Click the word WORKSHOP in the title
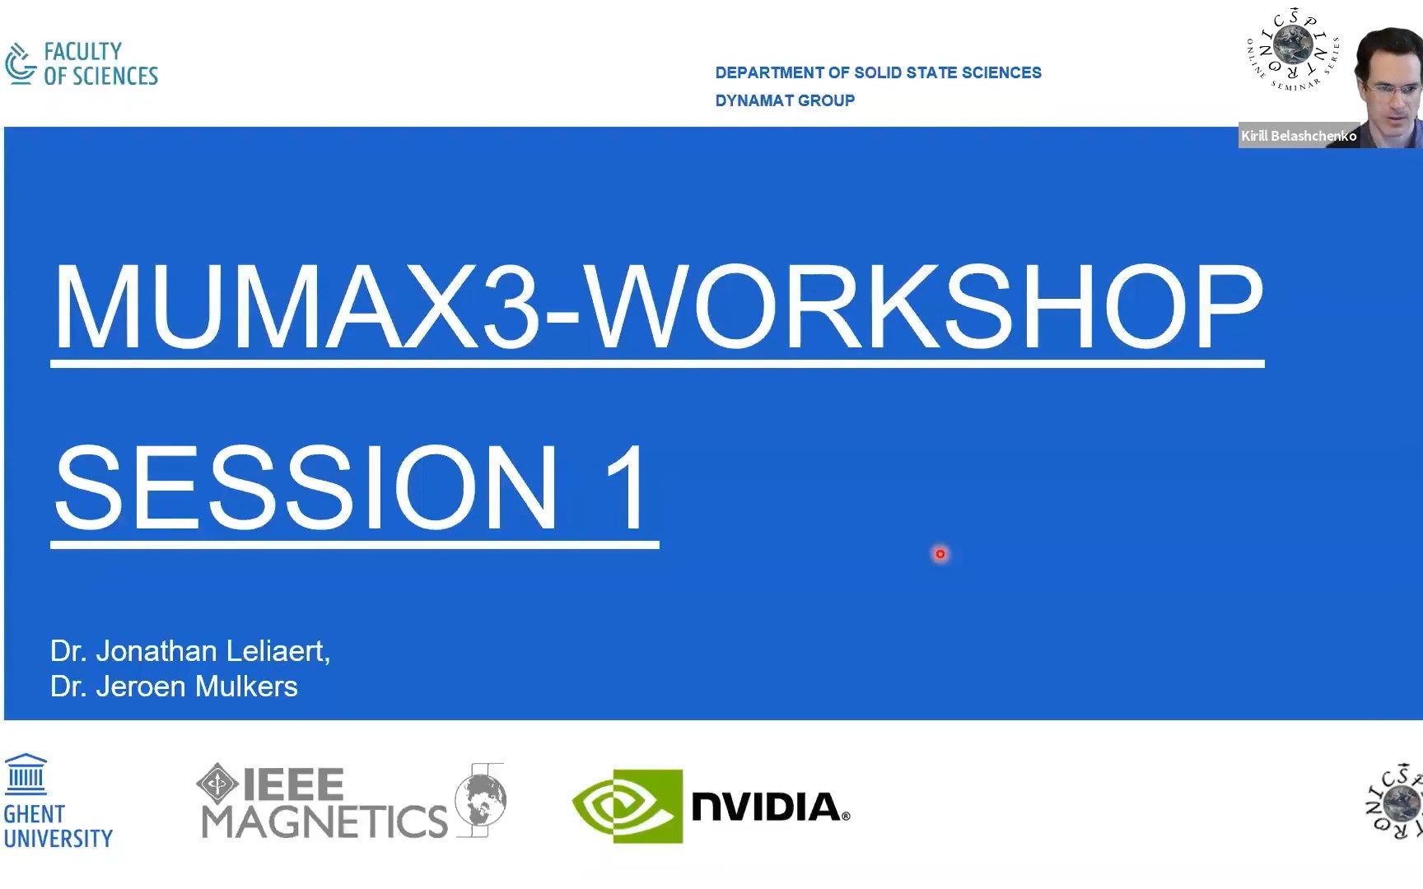tap(926, 307)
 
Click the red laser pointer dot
tap(940, 554)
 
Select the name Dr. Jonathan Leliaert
tap(190, 651)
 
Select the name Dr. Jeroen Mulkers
tap(174, 687)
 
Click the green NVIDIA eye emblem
tap(628, 806)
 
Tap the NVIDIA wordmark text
tap(771, 807)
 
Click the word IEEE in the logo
tap(293, 784)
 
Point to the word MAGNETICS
tap(324, 821)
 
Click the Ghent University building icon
tap(26, 774)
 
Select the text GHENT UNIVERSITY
tap(58, 826)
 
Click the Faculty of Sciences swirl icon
tap(21, 63)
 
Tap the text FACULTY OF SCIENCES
tap(100, 64)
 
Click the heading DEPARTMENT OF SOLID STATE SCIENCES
tap(878, 72)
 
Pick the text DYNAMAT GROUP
tap(785, 100)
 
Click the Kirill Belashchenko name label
tap(1299, 136)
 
